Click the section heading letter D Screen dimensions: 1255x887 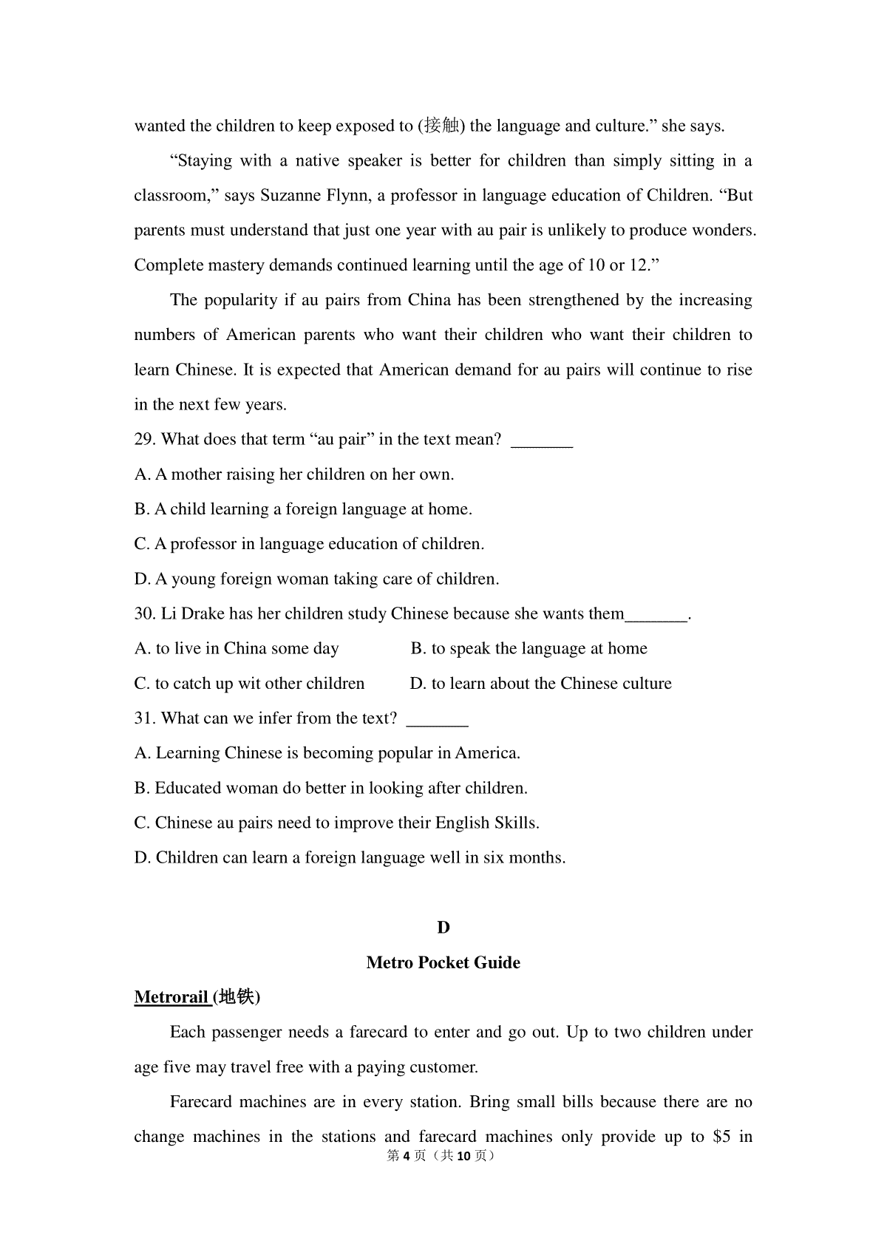[x=443, y=928]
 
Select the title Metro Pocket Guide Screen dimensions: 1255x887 [x=443, y=962]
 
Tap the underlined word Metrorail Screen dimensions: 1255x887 [x=171, y=997]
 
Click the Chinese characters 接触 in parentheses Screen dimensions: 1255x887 [x=443, y=126]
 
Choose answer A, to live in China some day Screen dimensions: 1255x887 [x=237, y=649]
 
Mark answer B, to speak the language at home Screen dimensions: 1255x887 [x=529, y=649]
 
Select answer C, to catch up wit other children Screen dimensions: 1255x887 [x=249, y=684]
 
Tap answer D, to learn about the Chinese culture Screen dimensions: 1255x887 [x=540, y=684]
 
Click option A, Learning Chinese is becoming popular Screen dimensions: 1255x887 [x=327, y=753]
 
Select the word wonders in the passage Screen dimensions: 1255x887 [x=723, y=231]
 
